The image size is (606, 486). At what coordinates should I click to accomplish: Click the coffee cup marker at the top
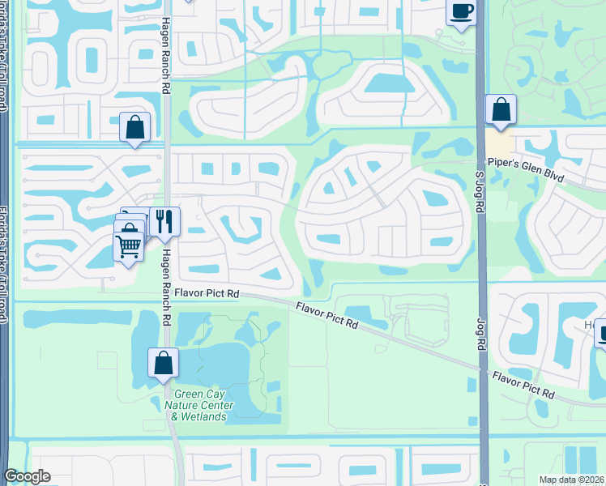(462, 12)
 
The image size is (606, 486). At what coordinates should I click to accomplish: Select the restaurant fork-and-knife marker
(164, 221)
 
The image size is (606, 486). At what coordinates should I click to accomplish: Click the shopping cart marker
(129, 245)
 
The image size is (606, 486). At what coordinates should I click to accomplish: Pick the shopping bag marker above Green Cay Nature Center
(163, 363)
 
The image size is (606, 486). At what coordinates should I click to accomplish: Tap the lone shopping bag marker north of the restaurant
(134, 128)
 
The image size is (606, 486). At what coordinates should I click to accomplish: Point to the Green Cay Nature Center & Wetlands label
(198, 405)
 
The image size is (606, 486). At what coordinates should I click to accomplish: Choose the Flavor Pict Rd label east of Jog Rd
(523, 385)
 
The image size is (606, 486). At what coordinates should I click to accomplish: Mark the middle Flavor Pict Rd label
(326, 314)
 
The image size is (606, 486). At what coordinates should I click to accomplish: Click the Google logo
(27, 476)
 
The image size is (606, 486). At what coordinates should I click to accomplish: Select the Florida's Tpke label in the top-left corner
(4, 57)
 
